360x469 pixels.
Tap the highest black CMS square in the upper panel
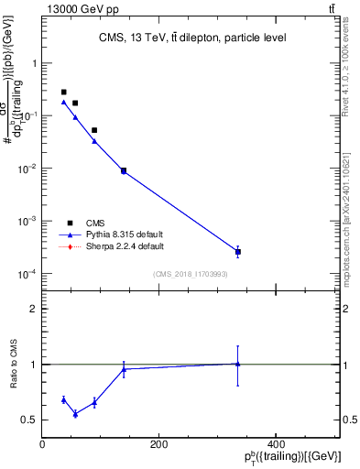[63, 93]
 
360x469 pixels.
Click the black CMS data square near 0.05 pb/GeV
[93, 130]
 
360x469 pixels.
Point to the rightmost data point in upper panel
[238, 252]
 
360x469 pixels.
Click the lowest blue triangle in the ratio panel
[75, 414]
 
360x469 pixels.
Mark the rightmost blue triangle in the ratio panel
[238, 364]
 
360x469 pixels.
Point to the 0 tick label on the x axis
[43, 444]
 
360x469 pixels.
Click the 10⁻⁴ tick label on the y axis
[28, 274]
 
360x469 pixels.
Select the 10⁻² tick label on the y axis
[28, 169]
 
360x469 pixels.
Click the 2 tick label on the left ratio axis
[33, 309]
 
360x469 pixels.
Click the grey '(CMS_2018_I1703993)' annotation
[191, 274]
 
